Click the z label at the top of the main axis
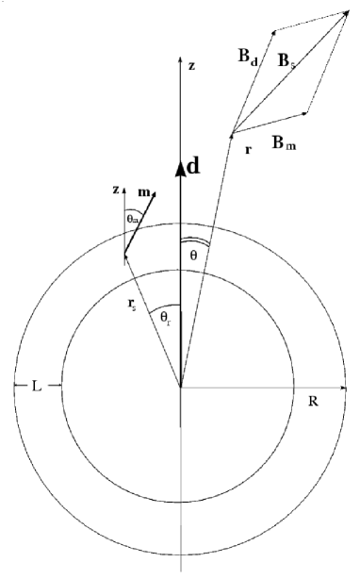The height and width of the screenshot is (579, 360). click(x=191, y=66)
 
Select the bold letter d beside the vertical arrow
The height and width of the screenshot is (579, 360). click(x=194, y=167)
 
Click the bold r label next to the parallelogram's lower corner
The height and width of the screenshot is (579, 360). click(x=248, y=148)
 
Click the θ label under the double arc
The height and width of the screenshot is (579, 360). click(x=194, y=256)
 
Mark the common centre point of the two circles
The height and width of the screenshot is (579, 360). click(x=180, y=387)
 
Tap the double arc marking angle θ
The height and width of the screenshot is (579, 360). click(x=192, y=240)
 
